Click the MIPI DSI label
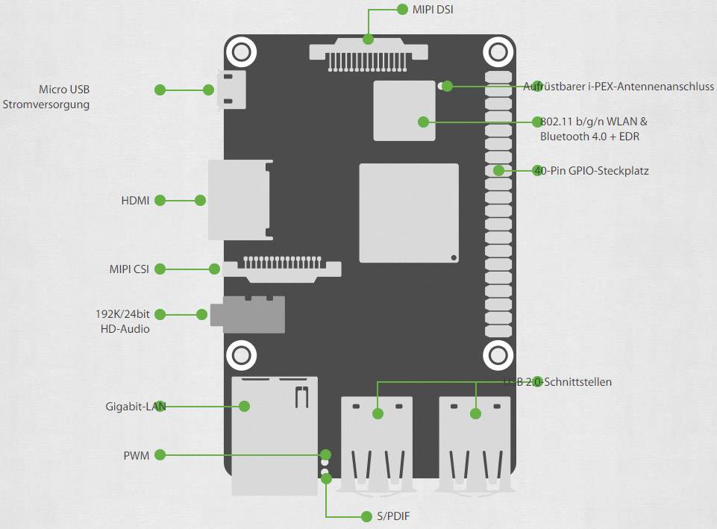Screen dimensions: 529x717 [x=433, y=10]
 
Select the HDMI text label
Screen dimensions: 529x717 [x=135, y=201]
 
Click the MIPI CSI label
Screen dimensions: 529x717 [x=129, y=269]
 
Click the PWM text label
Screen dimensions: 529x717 [x=136, y=454]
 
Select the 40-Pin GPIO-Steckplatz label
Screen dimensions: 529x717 [x=591, y=171]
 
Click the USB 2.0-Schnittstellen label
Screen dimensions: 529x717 [x=557, y=382]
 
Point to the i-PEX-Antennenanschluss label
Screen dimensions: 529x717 [x=619, y=87]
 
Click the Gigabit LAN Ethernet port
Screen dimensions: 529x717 [x=274, y=435]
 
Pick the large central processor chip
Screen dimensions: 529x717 [x=409, y=213]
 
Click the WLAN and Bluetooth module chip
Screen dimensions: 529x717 [x=404, y=110]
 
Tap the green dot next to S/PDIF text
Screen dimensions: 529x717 [x=366, y=516]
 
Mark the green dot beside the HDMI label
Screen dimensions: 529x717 [x=160, y=201]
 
